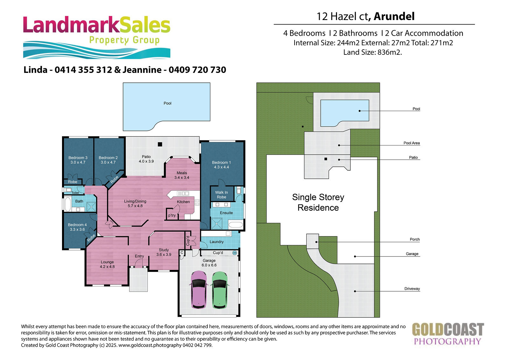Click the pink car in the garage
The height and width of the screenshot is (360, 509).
pos(199,290)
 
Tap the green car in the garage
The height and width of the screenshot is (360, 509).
pos(220,290)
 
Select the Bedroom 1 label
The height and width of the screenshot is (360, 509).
pos(221,165)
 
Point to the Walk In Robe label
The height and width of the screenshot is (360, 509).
pos(221,195)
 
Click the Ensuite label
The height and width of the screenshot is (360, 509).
pos(226,213)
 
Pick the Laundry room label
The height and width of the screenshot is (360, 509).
pos(216,242)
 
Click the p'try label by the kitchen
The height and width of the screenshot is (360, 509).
pos(172,215)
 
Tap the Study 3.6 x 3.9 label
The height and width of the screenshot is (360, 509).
pos(164,252)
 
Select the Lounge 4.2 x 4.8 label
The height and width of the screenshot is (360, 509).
pos(107,264)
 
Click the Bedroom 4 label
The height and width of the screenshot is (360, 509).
pos(77,227)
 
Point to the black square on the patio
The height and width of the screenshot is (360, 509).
pos(160,144)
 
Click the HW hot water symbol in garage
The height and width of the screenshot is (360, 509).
pos(234,253)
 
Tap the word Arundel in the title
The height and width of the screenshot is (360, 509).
pos(394,16)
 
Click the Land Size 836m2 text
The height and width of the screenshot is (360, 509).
pos(373,52)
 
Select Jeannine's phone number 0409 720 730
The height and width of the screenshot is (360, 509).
pos(197,70)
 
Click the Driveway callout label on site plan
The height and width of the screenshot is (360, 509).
pos(412,289)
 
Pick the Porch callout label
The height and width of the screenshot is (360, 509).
pos(415,239)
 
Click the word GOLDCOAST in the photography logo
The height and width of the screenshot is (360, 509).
pos(448,329)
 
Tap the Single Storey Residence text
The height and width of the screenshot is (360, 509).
pos(318,202)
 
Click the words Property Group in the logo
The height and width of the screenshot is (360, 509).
pos(124,40)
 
